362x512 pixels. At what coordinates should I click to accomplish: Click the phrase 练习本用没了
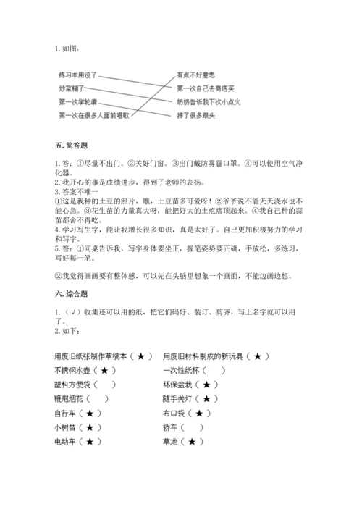click(x=77, y=75)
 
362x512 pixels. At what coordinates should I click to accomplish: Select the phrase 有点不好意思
click(x=195, y=74)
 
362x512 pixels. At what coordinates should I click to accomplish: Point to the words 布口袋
click(x=174, y=413)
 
